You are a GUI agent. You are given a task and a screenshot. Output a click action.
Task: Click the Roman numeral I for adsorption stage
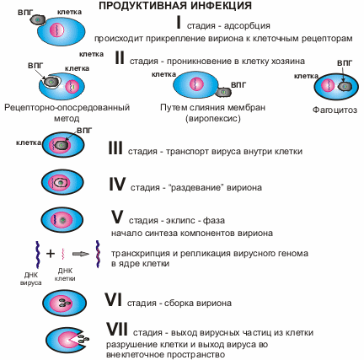click(x=179, y=23)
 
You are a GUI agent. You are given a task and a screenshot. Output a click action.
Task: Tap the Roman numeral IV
click(x=117, y=185)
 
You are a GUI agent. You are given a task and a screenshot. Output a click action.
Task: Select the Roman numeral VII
click(x=117, y=329)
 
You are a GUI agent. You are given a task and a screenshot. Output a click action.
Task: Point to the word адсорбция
click(x=247, y=26)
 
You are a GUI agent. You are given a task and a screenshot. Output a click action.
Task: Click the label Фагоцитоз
click(x=335, y=110)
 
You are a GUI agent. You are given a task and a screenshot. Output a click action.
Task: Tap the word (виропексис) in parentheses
click(x=213, y=119)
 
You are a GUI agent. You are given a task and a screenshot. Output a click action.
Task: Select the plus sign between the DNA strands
click(x=51, y=254)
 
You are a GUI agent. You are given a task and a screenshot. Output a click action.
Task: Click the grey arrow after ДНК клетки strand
click(x=81, y=254)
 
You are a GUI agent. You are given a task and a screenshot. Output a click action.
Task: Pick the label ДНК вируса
click(x=31, y=279)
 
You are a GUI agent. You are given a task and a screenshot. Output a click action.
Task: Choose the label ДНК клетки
click(x=65, y=275)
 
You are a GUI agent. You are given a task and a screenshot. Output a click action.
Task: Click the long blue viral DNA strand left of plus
click(x=37, y=255)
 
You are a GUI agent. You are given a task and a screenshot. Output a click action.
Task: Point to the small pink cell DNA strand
click(x=62, y=254)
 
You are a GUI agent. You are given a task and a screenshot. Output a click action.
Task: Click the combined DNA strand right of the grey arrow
click(x=98, y=254)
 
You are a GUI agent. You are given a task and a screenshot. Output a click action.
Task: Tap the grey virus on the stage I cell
click(x=38, y=19)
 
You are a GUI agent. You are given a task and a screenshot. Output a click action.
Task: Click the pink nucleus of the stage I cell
click(x=57, y=30)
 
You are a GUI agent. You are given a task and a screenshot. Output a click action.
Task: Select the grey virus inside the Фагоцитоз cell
click(x=345, y=86)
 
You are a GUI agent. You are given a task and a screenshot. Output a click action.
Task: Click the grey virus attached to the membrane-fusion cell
click(x=223, y=92)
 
